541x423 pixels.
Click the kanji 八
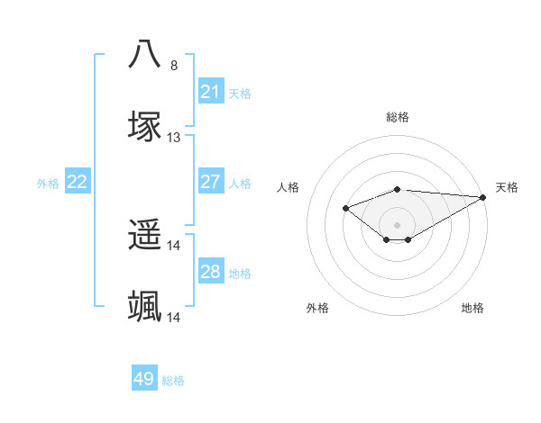coord(145,54)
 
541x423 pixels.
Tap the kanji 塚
coord(145,126)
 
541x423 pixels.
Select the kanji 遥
coord(145,235)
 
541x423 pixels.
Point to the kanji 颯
coord(145,307)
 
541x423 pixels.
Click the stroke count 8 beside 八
coord(174,66)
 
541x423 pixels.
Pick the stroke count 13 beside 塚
coord(174,138)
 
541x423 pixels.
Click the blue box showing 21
coord(210,92)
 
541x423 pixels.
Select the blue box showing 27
coord(210,182)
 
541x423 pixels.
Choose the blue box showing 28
coord(210,272)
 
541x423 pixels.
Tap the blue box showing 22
coord(78,182)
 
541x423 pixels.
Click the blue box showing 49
coord(144,379)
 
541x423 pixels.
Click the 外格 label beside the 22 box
coord(48,184)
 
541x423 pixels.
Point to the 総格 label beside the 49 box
coord(173,381)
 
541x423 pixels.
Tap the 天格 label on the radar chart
coord(507,187)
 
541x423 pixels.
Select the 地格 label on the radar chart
coord(472,308)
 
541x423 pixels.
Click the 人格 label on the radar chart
coord(289,187)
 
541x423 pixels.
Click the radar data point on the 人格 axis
coord(345,209)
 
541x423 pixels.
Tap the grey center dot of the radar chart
coord(398,224)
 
